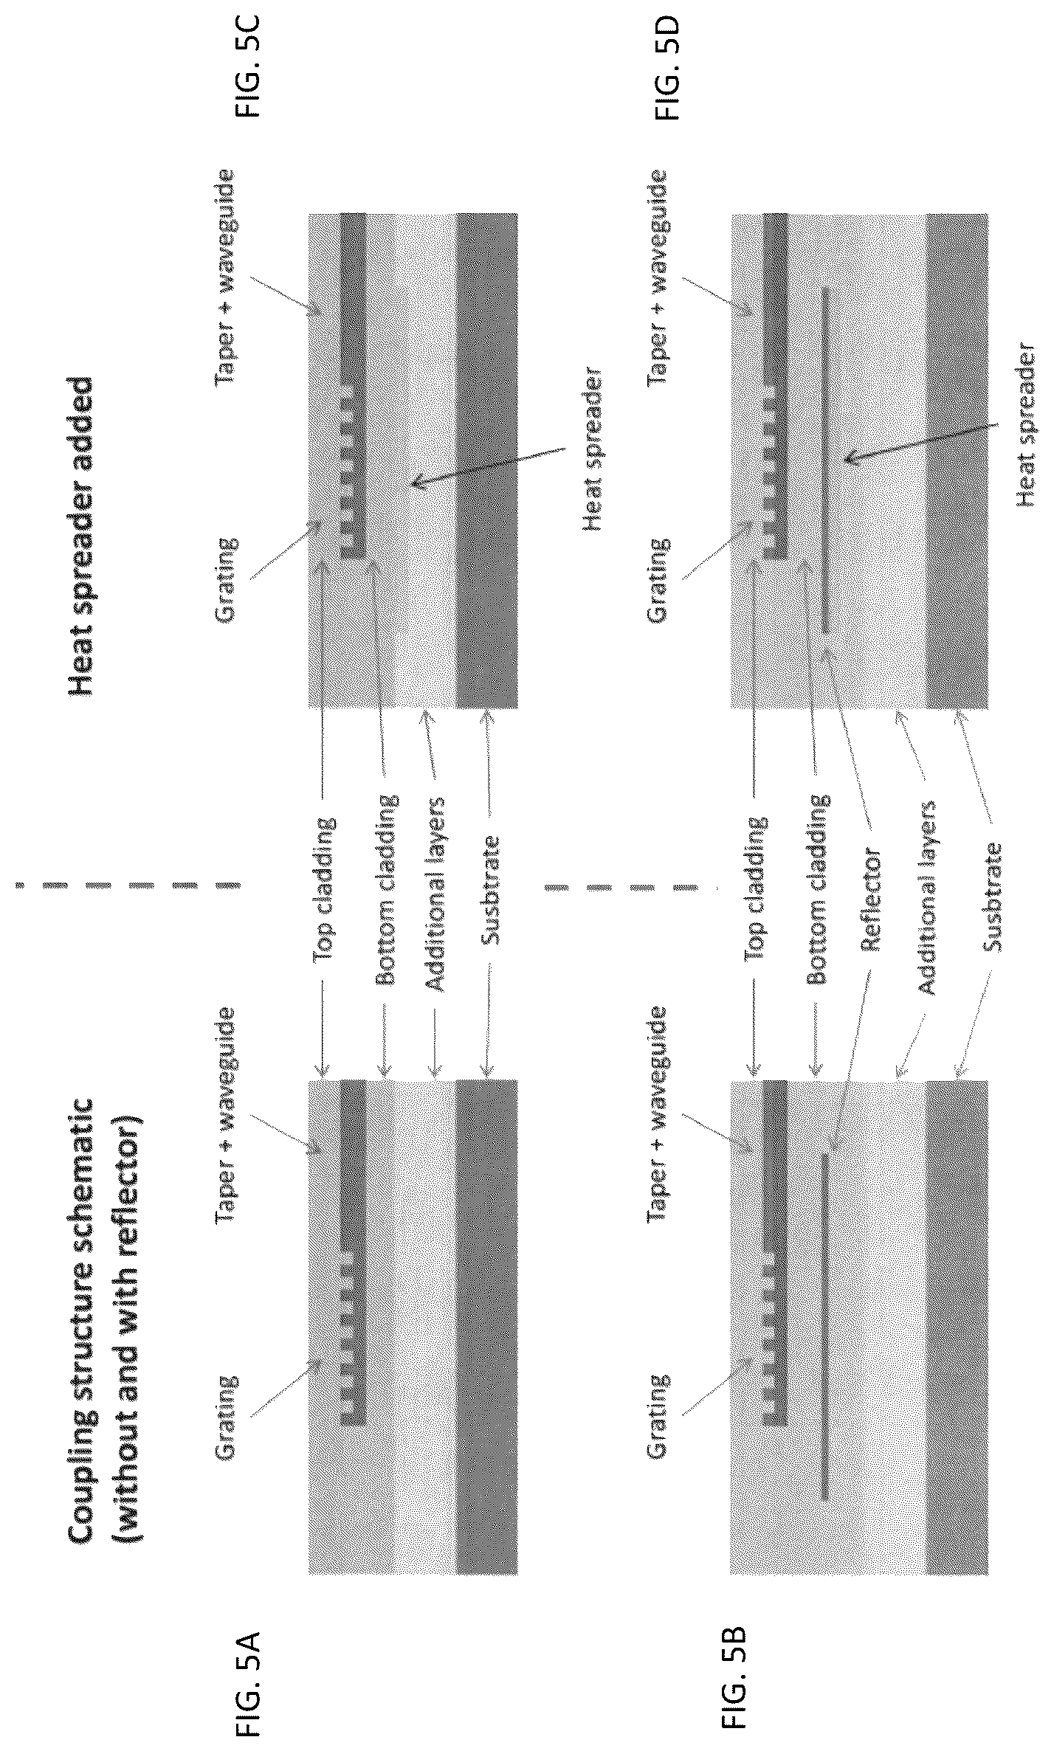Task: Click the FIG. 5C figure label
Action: pyautogui.click(x=249, y=66)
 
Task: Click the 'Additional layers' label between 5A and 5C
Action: pyautogui.click(x=435, y=894)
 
